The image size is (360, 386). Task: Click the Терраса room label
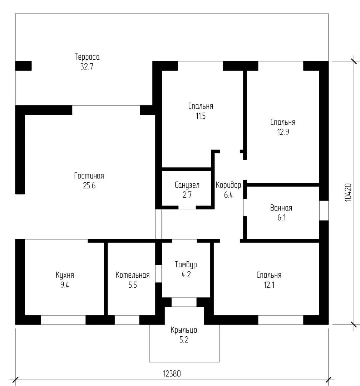pyautogui.click(x=87, y=57)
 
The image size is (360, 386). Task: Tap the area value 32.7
pyautogui.click(x=87, y=66)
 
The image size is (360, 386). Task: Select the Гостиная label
pyautogui.click(x=89, y=176)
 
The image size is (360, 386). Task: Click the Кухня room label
pyautogui.click(x=65, y=275)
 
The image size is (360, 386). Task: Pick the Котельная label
pyautogui.click(x=132, y=275)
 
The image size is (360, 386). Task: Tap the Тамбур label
pyautogui.click(x=186, y=265)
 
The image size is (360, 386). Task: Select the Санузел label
pyautogui.click(x=187, y=185)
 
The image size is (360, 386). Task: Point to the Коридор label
pyautogui.click(x=228, y=185)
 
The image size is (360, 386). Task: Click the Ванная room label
pyautogui.click(x=281, y=208)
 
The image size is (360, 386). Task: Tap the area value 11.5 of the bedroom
pyautogui.click(x=200, y=116)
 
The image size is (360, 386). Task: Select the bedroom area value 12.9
pyautogui.click(x=282, y=132)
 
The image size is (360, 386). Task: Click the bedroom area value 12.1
pyautogui.click(x=269, y=285)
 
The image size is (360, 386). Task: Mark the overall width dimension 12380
pyautogui.click(x=172, y=374)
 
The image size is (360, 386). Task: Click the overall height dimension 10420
pyautogui.click(x=349, y=193)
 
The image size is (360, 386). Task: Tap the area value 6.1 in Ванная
pyautogui.click(x=281, y=218)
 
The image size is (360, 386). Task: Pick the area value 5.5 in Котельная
pyautogui.click(x=132, y=285)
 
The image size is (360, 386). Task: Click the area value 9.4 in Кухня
pyautogui.click(x=65, y=285)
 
